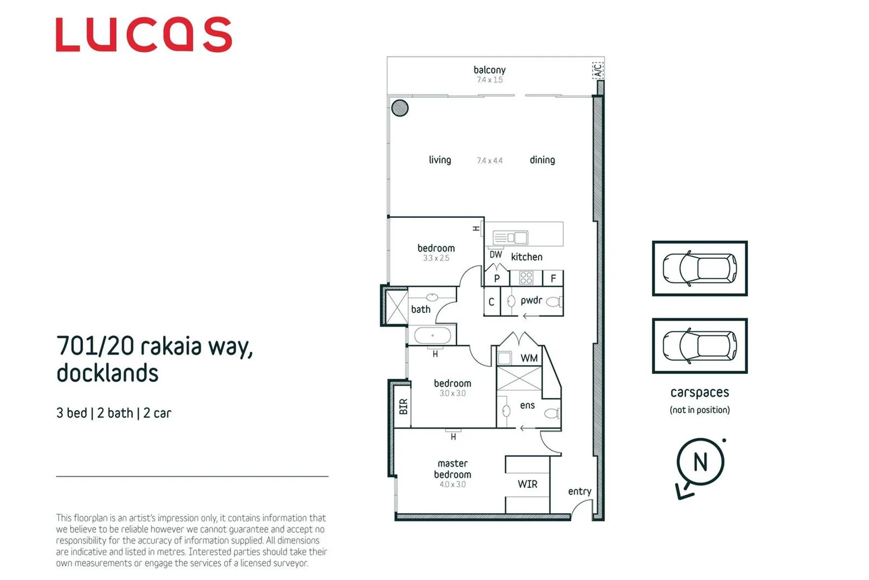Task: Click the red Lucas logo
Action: tap(143, 35)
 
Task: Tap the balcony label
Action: tap(489, 70)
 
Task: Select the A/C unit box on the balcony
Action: tap(597, 70)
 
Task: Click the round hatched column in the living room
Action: tap(400, 108)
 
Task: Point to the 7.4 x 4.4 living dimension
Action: tap(490, 161)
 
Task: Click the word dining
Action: tap(542, 160)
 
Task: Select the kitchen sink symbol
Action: tap(510, 237)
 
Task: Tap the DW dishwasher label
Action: tap(495, 255)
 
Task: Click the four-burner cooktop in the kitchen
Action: tap(526, 278)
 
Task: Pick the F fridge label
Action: tap(553, 278)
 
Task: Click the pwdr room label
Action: tap(531, 300)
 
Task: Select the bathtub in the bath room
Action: tap(433, 336)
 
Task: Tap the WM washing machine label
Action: tap(529, 358)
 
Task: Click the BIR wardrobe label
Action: tap(403, 407)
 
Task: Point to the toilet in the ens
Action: tap(552, 413)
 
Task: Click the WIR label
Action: tap(527, 484)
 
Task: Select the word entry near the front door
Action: tap(579, 491)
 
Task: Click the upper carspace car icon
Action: tap(699, 268)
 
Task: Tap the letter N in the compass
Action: tap(700, 462)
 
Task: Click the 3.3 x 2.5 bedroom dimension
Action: tap(436, 258)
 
